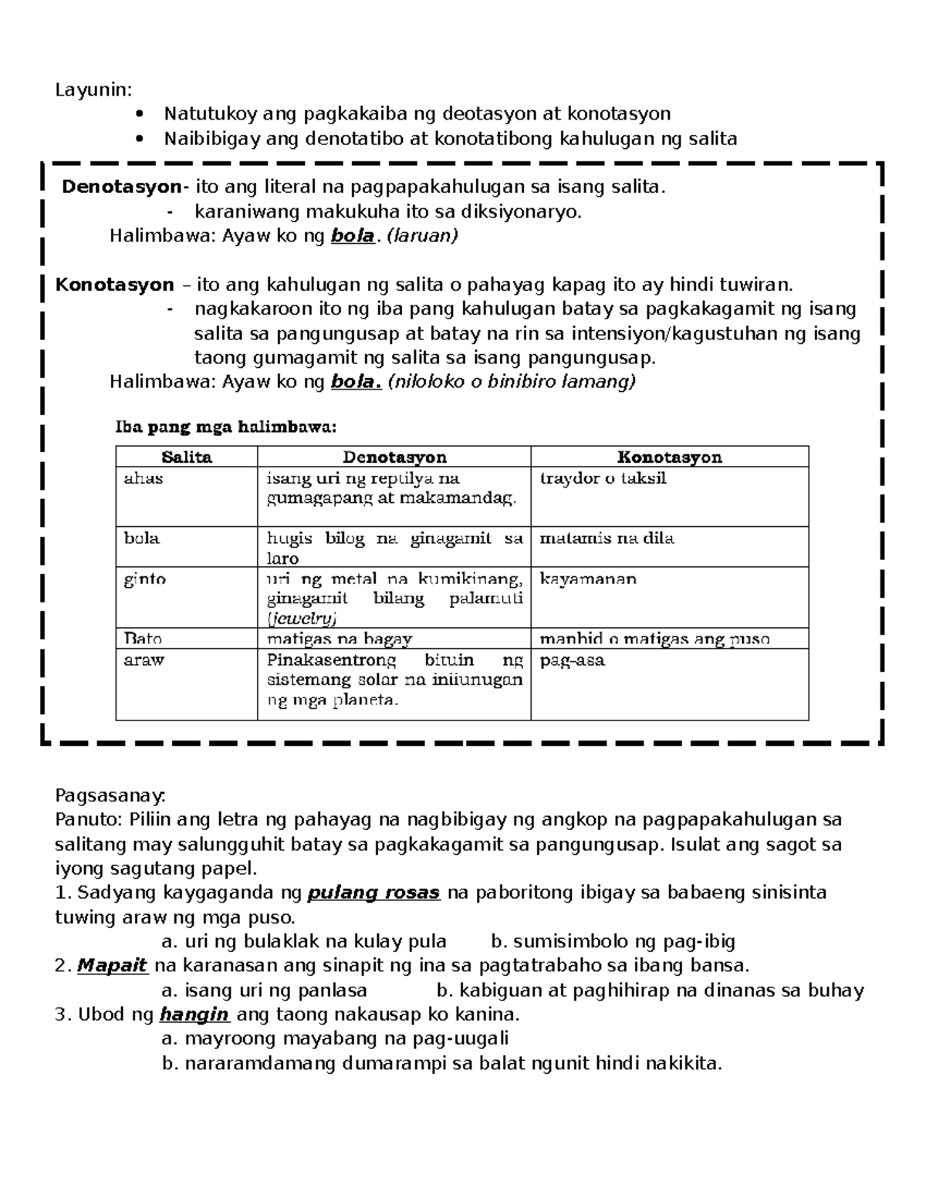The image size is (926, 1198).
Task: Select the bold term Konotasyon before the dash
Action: point(114,285)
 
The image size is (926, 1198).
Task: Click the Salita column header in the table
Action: point(187,457)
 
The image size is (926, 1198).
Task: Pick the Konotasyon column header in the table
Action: point(669,457)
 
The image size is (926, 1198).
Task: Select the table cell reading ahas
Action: point(144,478)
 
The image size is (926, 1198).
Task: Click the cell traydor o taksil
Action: point(603,478)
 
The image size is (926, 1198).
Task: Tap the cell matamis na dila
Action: point(607,538)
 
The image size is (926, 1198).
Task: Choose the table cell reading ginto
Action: point(145,579)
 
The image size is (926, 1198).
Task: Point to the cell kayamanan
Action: point(588,579)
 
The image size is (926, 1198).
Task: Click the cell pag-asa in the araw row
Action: point(572,660)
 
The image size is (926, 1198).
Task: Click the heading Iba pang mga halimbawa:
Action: point(225,426)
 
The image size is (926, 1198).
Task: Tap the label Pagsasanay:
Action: point(110,795)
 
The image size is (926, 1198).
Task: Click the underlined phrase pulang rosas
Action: point(373,893)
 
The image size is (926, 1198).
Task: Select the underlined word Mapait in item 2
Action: point(112,965)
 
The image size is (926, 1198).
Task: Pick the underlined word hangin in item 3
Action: point(194,1014)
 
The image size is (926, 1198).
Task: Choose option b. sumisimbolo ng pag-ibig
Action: point(613,941)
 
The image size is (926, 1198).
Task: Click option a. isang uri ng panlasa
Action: point(264,990)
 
